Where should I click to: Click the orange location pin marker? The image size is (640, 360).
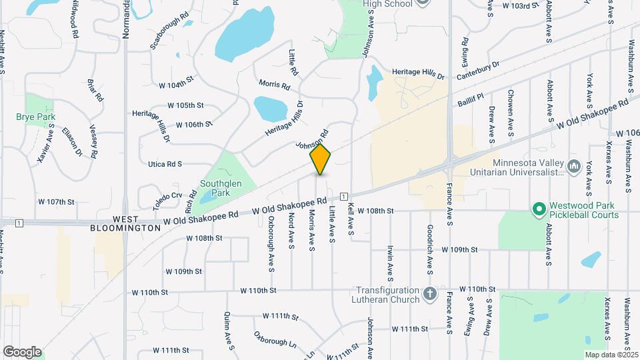tap(321, 159)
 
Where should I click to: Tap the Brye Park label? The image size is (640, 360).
tap(35, 117)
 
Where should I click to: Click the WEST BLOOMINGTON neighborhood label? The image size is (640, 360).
tap(126, 223)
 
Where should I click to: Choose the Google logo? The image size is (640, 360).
tap(22, 351)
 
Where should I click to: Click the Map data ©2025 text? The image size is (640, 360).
tap(610, 355)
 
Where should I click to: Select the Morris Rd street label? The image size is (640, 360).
tap(275, 85)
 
